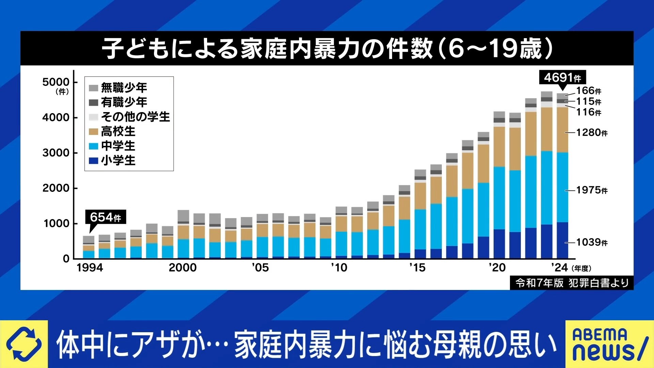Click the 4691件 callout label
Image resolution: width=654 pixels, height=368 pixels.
pyautogui.click(x=562, y=78)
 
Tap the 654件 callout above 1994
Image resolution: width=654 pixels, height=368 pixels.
pyautogui.click(x=105, y=217)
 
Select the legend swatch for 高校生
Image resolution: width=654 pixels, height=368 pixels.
pyautogui.click(x=93, y=132)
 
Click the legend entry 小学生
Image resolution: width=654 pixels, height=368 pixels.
pyautogui.click(x=118, y=160)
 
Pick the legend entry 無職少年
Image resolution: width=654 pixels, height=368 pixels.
pyautogui.click(x=124, y=88)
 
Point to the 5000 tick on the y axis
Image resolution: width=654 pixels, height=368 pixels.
pyautogui.click(x=56, y=82)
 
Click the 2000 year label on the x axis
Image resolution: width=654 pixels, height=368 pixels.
pyautogui.click(x=183, y=268)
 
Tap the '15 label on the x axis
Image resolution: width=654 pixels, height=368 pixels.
pyautogui.click(x=417, y=268)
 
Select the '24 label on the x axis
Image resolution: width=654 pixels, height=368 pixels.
pyautogui.click(x=559, y=268)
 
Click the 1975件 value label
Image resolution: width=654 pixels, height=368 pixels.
pyautogui.click(x=592, y=190)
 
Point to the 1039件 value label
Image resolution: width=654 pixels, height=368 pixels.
pyautogui.click(x=592, y=242)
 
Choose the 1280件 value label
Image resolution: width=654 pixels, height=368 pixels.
pyautogui.click(x=592, y=133)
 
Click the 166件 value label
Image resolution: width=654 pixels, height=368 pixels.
pyautogui.click(x=588, y=91)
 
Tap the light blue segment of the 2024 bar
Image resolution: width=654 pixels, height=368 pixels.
pyautogui.click(x=562, y=187)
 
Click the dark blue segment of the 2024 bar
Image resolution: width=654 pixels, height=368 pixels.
pyautogui.click(x=562, y=240)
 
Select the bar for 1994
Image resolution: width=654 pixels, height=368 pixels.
pyautogui.click(x=89, y=247)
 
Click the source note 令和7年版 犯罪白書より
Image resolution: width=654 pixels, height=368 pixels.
pyautogui.click(x=572, y=283)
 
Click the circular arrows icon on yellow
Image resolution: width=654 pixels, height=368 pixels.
pyautogui.click(x=24, y=344)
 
